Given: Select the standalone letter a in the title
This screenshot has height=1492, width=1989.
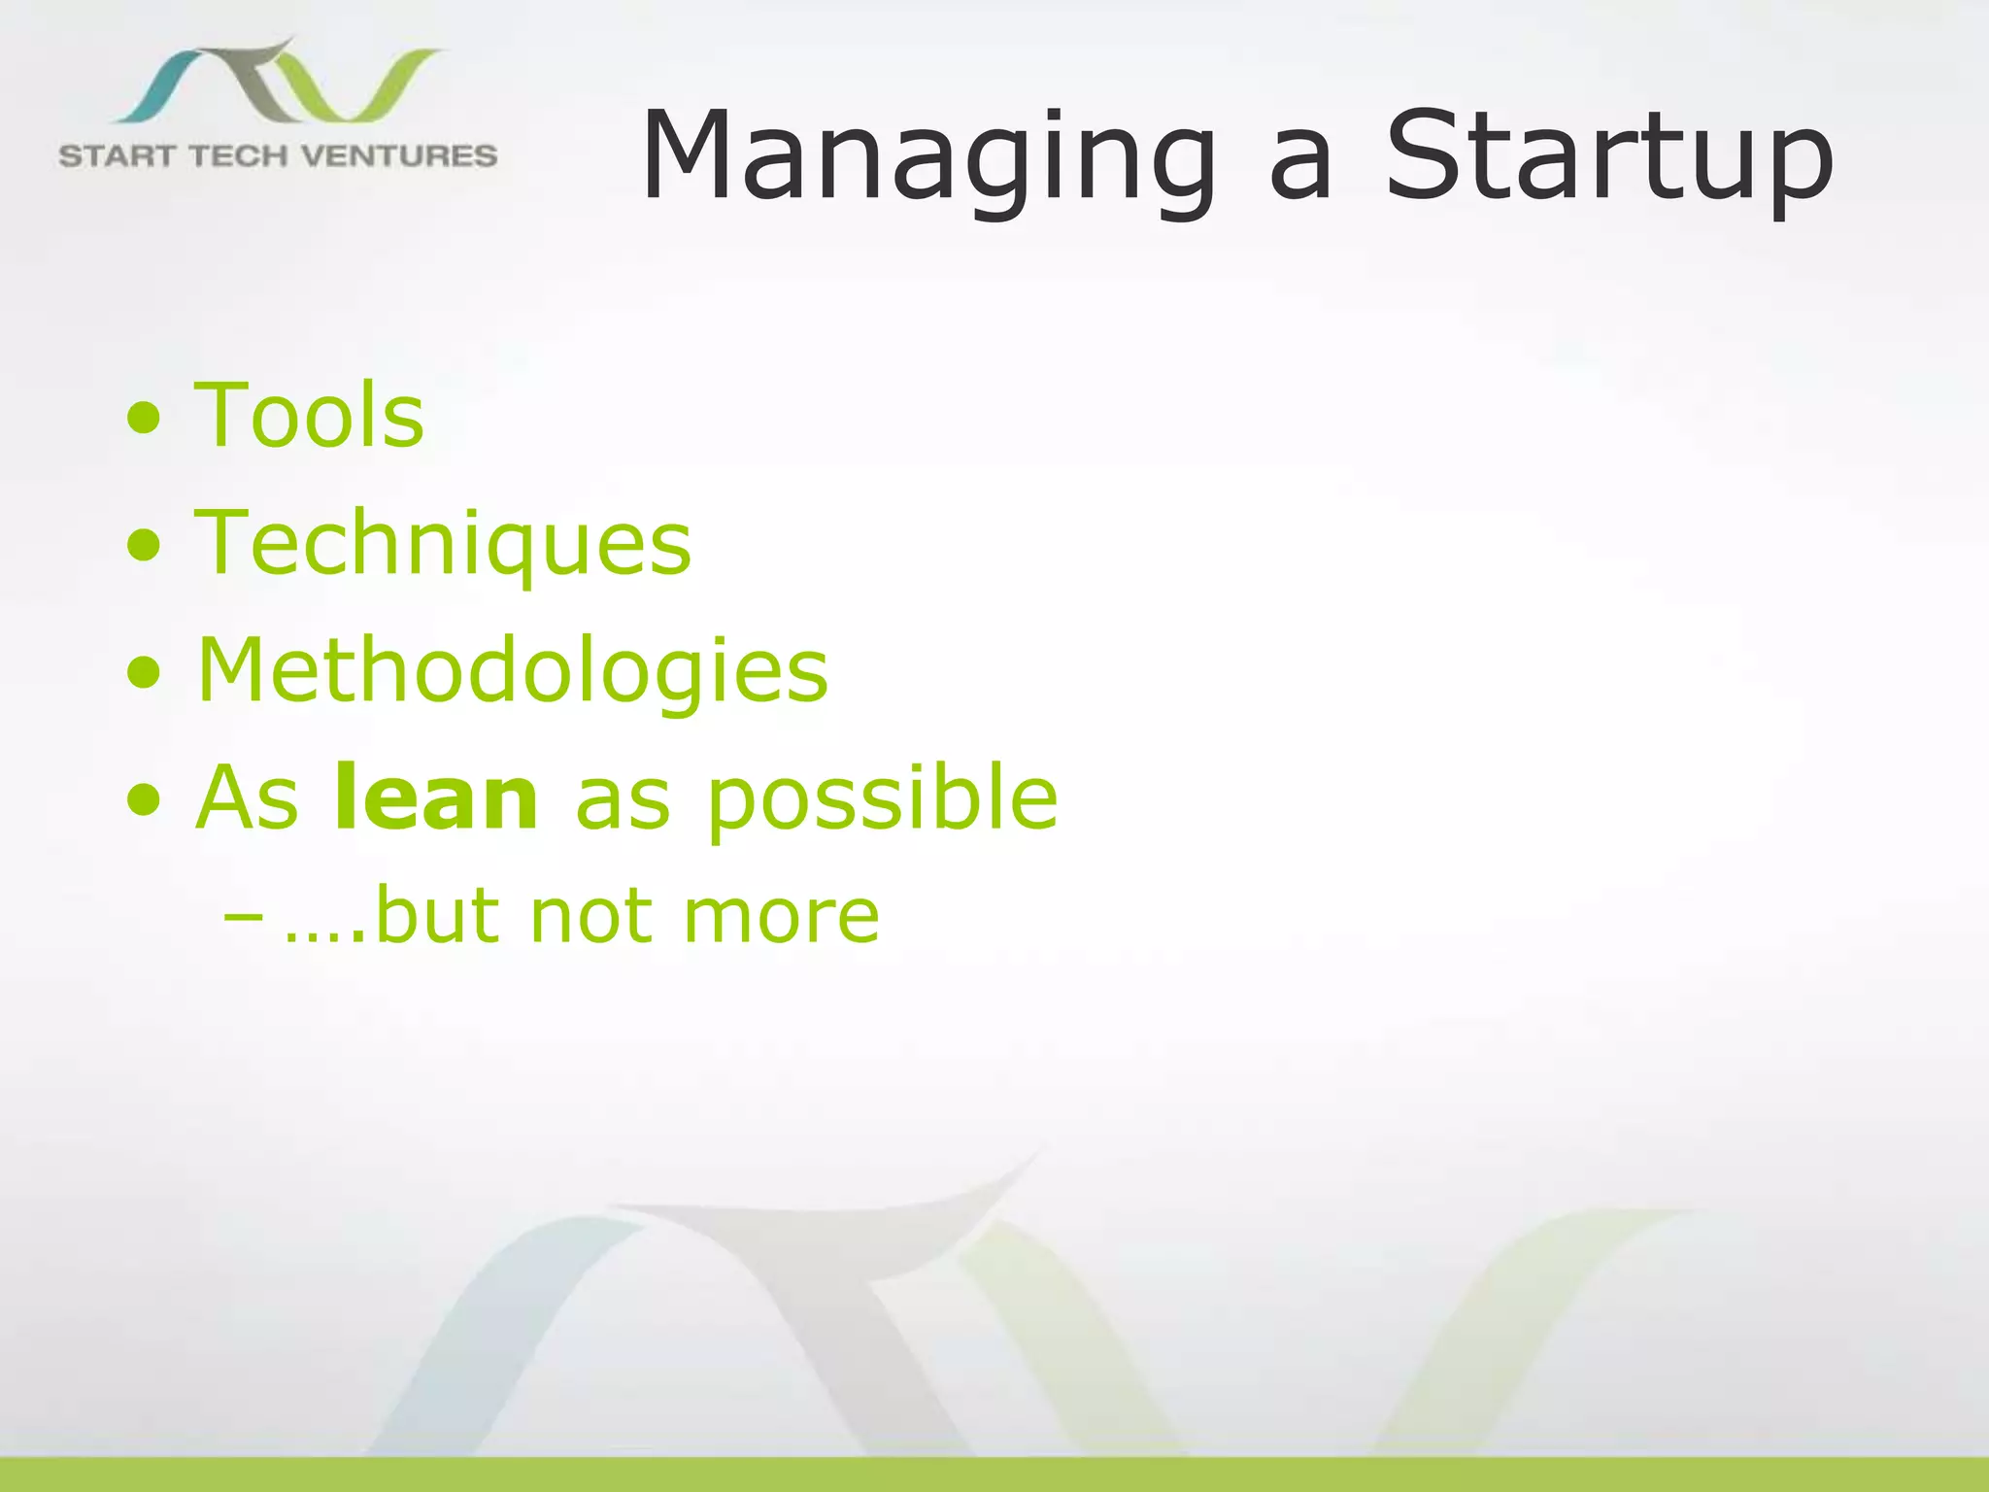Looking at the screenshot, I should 1299,170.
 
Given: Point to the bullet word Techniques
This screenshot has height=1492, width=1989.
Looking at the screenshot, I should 443,544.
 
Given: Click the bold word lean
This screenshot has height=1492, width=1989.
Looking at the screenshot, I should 435,798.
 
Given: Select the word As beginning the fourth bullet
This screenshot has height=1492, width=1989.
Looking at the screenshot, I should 248,798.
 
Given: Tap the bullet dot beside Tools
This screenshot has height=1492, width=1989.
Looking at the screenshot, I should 144,419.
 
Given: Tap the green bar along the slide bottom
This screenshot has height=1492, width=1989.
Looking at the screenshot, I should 994,1474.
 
